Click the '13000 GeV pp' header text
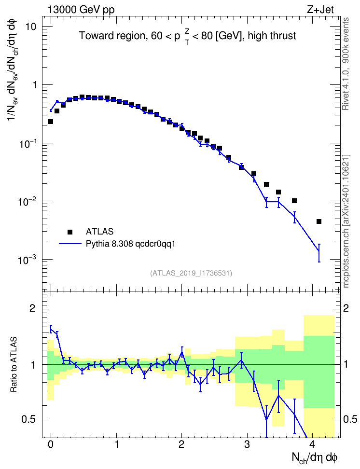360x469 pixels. coord(81,10)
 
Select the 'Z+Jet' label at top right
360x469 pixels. coord(320,10)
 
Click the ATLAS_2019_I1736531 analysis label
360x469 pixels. coord(191,273)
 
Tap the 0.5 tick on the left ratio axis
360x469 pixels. coord(28,420)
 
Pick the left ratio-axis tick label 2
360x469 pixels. coord(32,308)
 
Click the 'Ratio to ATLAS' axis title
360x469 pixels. coord(14,365)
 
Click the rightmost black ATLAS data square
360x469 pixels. coord(319,221)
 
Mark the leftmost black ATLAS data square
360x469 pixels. coord(51,122)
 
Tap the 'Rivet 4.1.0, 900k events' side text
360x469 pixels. coord(346,64)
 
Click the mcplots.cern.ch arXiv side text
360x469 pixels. coord(346,221)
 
